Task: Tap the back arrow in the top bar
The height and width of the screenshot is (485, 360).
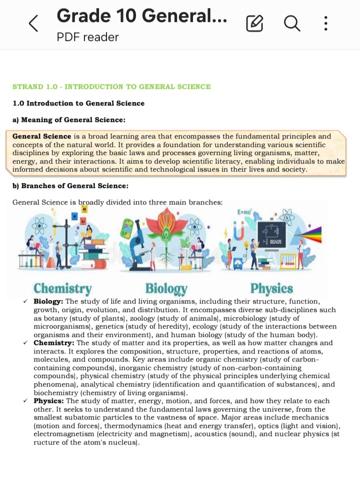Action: (33, 23)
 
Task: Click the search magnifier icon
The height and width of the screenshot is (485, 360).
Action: (292, 23)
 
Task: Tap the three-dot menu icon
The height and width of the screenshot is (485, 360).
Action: (326, 23)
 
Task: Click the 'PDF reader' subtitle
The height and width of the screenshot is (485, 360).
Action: (87, 37)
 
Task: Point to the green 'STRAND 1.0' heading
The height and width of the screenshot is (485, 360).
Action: (111, 86)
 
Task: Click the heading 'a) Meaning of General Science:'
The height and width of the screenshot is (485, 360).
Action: (68, 119)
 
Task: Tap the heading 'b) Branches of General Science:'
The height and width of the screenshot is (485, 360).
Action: (70, 186)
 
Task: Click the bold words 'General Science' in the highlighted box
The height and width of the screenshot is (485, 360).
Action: (42, 136)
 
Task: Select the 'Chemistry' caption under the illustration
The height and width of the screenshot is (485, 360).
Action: (62, 288)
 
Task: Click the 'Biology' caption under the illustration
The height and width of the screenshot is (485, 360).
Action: (166, 288)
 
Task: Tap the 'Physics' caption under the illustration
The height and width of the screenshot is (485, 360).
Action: (271, 288)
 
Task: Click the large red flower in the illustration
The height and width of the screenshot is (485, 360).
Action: (165, 223)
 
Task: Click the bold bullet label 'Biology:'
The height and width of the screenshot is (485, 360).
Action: (48, 301)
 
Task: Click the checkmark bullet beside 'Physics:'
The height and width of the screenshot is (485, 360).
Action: (25, 401)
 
